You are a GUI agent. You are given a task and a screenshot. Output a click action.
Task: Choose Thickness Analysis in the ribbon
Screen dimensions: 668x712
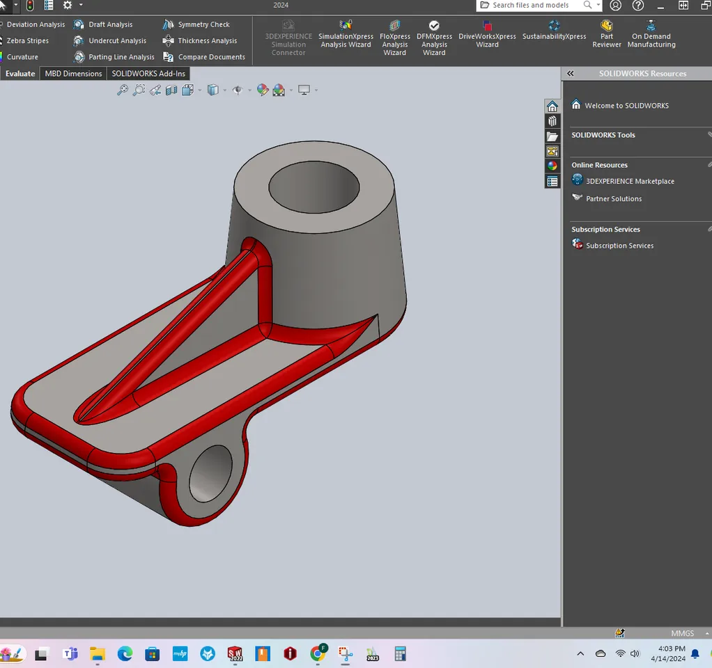pos(200,41)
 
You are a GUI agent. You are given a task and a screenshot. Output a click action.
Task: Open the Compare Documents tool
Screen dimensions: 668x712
pos(204,57)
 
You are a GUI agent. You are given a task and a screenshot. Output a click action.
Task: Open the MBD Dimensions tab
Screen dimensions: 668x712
pos(73,74)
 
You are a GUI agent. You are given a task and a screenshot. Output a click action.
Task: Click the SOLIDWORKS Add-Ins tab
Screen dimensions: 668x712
pos(148,74)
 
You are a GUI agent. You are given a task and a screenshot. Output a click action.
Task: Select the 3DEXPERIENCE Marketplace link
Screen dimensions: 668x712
pos(629,181)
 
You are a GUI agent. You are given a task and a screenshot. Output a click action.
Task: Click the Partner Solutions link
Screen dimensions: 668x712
pos(613,199)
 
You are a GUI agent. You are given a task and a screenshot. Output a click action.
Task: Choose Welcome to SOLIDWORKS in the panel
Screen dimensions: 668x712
pos(626,106)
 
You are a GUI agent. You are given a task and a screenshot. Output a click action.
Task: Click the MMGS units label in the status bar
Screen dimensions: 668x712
pos(682,634)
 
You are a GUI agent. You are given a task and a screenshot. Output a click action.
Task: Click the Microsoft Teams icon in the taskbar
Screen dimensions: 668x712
pos(70,654)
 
